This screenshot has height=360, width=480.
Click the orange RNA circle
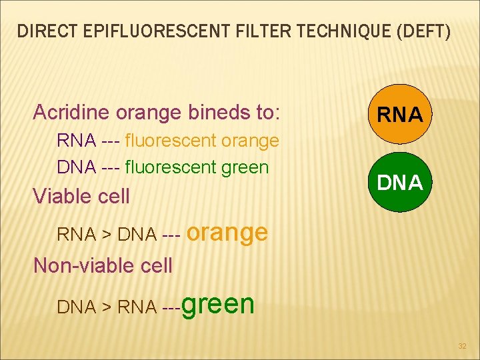pyautogui.click(x=400, y=115)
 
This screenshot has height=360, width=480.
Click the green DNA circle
pyautogui.click(x=400, y=182)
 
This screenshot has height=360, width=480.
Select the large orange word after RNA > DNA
pyautogui.click(x=227, y=231)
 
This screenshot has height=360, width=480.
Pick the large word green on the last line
pyautogui.click(x=217, y=303)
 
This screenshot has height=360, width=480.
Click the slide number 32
pyautogui.click(x=463, y=346)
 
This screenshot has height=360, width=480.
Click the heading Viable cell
pyautogui.click(x=81, y=196)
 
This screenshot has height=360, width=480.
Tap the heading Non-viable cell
pyautogui.click(x=103, y=265)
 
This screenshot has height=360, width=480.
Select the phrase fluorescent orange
pyautogui.click(x=201, y=141)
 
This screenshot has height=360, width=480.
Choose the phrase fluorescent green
pyautogui.click(x=196, y=167)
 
